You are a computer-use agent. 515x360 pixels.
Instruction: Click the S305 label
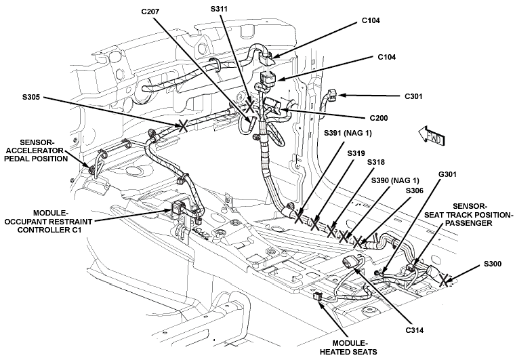(x=31, y=97)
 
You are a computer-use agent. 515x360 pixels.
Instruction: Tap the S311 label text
(x=219, y=9)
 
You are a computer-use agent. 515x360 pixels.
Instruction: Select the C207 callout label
(x=150, y=12)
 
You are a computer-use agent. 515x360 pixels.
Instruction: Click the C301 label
(x=413, y=96)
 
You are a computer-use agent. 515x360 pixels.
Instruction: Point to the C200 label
(x=379, y=118)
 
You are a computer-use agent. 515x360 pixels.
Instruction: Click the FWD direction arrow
(x=432, y=136)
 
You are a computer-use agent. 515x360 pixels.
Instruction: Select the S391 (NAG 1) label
(x=348, y=133)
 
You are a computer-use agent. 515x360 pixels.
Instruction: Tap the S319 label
(x=356, y=153)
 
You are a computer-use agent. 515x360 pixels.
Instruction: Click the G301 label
(x=447, y=174)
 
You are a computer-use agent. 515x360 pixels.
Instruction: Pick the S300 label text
(x=493, y=264)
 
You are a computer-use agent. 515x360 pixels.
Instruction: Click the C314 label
(x=415, y=330)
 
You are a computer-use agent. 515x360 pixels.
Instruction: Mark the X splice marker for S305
(x=183, y=125)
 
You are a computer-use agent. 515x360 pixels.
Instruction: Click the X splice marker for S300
(x=444, y=280)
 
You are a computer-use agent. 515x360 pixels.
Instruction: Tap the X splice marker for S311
(x=249, y=106)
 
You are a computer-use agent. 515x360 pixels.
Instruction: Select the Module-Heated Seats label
(x=348, y=348)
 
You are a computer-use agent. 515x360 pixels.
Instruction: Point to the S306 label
(x=415, y=191)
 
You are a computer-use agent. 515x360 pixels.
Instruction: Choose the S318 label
(x=375, y=162)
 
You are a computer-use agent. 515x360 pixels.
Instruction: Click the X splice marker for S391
(x=299, y=217)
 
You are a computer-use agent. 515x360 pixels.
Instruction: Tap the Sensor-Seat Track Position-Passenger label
(x=468, y=214)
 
